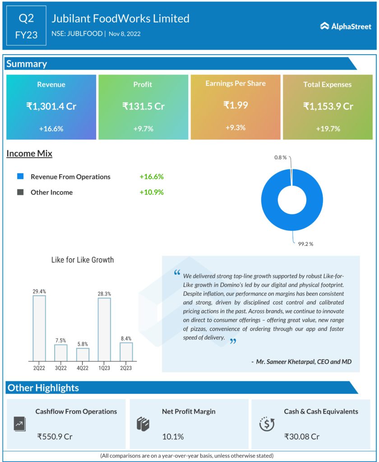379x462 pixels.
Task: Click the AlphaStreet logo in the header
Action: (346, 27)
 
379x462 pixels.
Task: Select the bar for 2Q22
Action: (39, 328)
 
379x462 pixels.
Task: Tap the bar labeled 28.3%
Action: (104, 329)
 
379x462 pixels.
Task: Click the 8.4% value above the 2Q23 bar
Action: (126, 337)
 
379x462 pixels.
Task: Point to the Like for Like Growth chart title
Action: (83, 260)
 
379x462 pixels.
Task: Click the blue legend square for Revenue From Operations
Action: (20, 176)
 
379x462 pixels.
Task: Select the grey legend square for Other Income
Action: (20, 192)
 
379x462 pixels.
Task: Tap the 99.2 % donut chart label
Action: (305, 244)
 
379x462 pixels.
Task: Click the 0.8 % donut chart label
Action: (280, 157)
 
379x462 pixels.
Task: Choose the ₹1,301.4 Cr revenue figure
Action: (51, 106)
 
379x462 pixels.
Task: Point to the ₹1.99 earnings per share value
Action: (236, 105)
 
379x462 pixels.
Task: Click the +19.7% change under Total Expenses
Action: (328, 129)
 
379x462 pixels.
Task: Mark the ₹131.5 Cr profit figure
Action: (143, 106)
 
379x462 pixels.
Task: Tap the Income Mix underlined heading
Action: (29, 154)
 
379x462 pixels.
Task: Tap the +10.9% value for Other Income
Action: (151, 192)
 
